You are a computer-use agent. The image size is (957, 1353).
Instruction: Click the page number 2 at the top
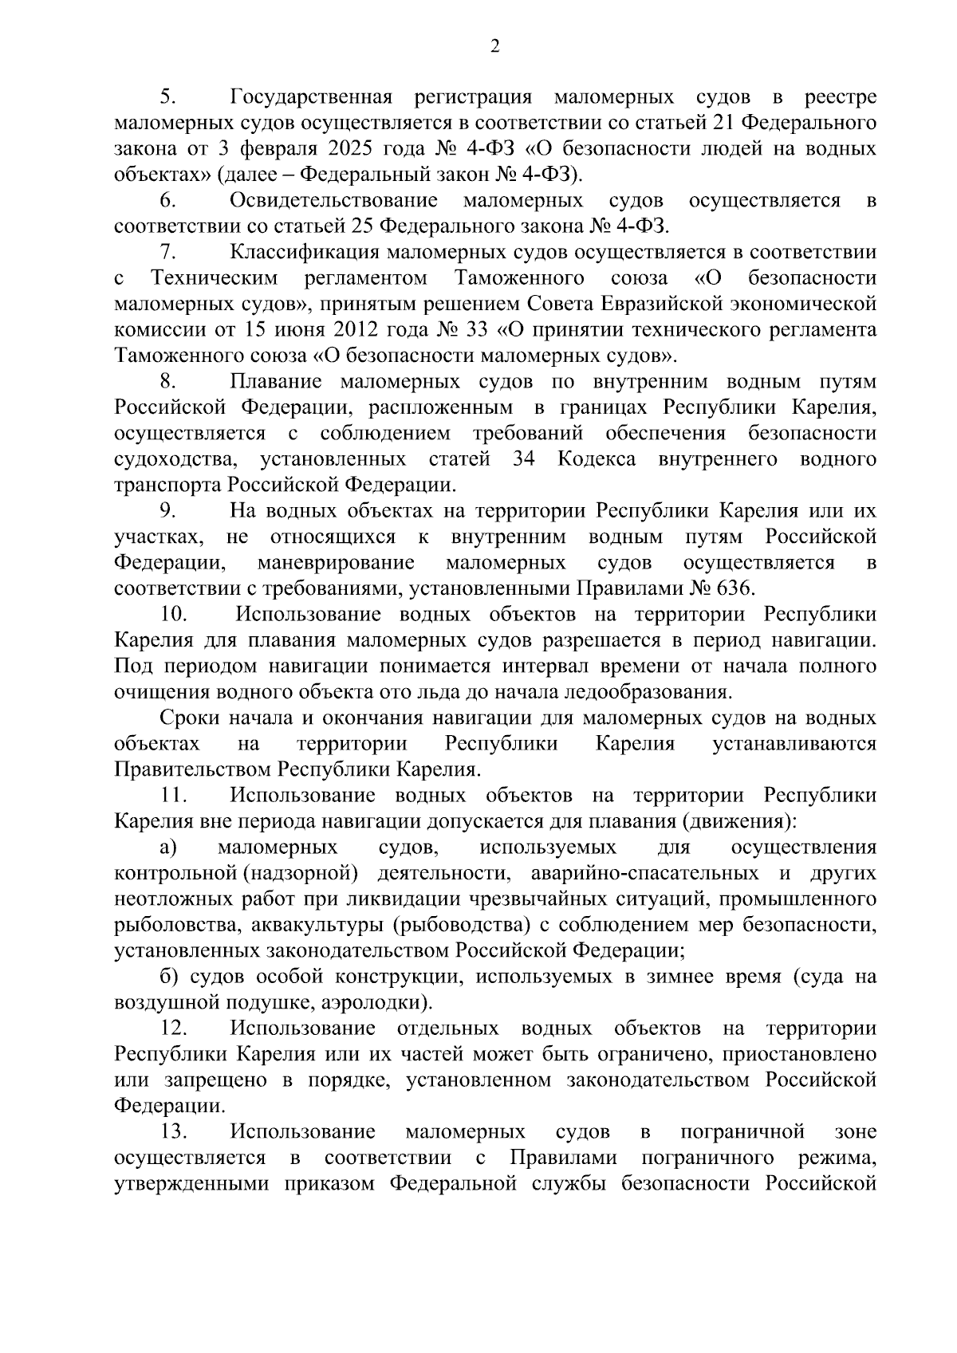pyautogui.click(x=494, y=47)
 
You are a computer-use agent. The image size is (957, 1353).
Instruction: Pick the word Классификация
pyautogui.click(x=307, y=252)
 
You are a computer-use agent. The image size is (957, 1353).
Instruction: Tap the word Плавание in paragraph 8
pyautogui.click(x=275, y=381)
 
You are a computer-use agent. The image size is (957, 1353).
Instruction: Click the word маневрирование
pyautogui.click(x=336, y=563)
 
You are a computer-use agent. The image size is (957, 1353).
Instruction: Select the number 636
pyautogui.click(x=733, y=588)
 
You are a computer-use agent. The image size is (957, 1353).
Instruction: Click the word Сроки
pyautogui.click(x=188, y=718)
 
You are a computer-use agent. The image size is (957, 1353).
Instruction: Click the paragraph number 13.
pyautogui.click(x=172, y=1131)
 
